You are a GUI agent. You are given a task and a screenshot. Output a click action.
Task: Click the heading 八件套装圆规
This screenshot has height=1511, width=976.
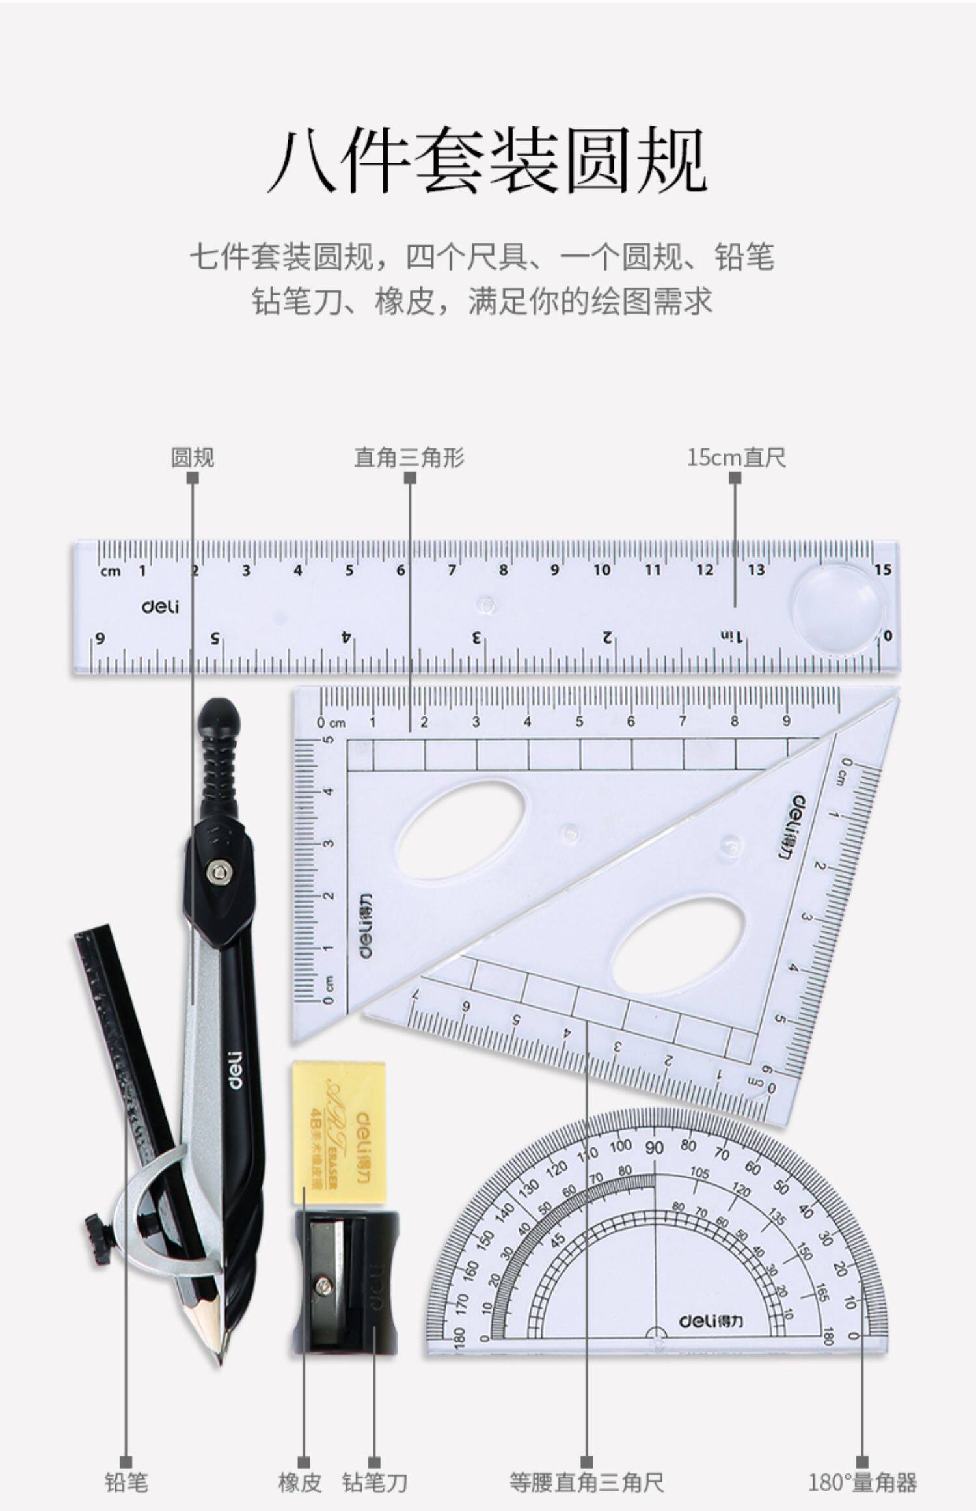pyautogui.click(x=487, y=161)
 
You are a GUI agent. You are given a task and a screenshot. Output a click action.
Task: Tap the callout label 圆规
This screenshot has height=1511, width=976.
pyautogui.click(x=192, y=457)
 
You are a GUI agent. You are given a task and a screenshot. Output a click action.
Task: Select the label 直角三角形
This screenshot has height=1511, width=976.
pyautogui.click(x=409, y=457)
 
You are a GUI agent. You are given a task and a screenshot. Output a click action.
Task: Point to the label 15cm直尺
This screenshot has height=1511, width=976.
pyautogui.click(x=736, y=457)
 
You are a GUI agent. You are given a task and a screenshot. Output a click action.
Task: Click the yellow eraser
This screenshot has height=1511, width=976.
pyautogui.click(x=338, y=1134)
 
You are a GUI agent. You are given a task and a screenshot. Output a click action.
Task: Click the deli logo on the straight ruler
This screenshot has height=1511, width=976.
pyautogui.click(x=160, y=607)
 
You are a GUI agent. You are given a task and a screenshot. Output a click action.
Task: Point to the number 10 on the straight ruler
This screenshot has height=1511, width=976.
pyautogui.click(x=602, y=571)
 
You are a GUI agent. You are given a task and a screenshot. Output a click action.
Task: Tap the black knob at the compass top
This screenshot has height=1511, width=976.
pyautogui.click(x=221, y=715)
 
